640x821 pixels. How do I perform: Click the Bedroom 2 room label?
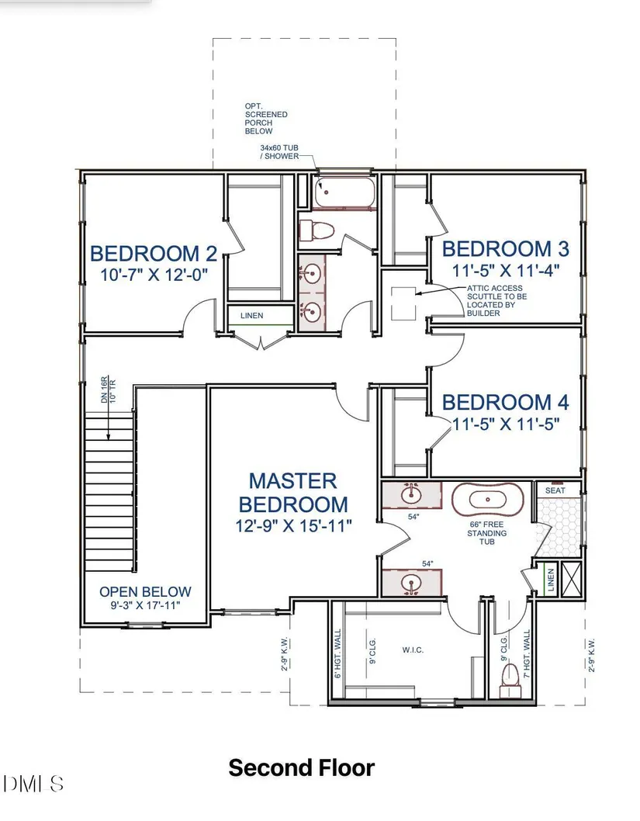click(154, 254)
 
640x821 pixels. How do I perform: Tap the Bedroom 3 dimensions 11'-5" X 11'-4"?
click(506, 271)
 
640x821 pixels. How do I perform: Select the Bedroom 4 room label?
click(506, 402)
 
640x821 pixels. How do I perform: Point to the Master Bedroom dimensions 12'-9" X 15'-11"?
click(293, 525)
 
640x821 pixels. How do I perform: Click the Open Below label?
click(146, 591)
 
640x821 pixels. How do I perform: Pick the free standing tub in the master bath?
click(488, 500)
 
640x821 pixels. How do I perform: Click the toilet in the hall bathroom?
click(317, 230)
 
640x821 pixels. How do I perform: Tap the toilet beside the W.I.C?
click(509, 680)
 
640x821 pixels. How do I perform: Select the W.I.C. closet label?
click(413, 650)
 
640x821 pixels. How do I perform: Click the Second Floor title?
click(302, 767)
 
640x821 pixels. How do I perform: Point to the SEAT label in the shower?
click(555, 490)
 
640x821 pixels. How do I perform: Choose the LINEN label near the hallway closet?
click(251, 316)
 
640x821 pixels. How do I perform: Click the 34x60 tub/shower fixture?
click(344, 192)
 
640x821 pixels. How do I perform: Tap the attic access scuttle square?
click(403, 303)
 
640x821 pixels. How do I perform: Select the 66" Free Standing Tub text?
click(486, 532)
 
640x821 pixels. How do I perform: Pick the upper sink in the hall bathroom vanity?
click(312, 273)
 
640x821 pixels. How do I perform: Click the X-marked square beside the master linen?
click(571, 579)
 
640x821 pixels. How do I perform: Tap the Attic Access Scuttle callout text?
click(496, 300)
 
